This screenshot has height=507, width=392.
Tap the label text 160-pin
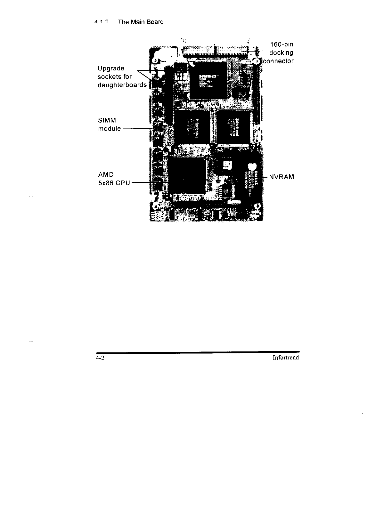(x=282, y=44)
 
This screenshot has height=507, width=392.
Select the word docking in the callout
(x=282, y=53)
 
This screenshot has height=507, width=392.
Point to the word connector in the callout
(x=278, y=61)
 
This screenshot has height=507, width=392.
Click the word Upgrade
(x=111, y=68)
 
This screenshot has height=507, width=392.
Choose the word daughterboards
(x=122, y=85)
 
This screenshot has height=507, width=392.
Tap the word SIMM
(x=107, y=120)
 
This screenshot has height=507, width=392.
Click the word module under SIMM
(x=110, y=129)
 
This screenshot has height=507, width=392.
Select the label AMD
(x=106, y=175)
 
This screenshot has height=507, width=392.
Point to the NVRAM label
(x=282, y=177)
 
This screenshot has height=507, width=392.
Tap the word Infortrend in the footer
(x=286, y=358)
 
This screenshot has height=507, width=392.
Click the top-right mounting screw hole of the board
(x=257, y=61)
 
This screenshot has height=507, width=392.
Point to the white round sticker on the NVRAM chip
(x=251, y=166)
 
